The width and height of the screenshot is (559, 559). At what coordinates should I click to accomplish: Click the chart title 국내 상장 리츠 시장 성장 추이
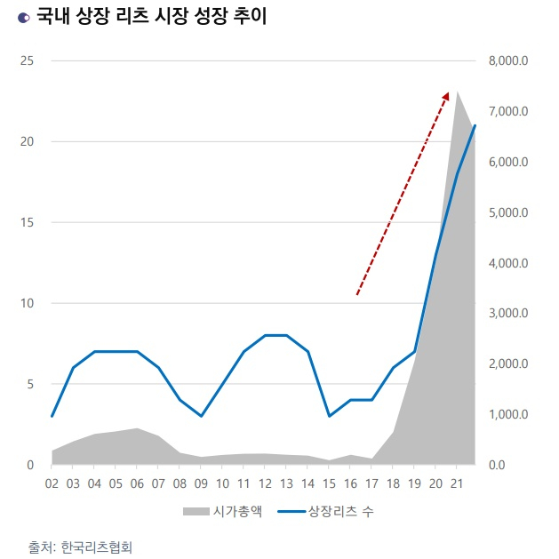coord(152,18)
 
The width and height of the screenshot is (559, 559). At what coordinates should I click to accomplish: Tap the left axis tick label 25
coord(27,60)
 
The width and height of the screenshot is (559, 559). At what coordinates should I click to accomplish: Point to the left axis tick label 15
coord(27,222)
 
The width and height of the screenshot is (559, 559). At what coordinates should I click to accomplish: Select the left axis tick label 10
coord(27,303)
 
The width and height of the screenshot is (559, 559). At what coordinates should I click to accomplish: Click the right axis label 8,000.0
coord(508,60)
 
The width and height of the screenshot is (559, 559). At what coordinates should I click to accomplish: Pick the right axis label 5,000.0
coord(508,212)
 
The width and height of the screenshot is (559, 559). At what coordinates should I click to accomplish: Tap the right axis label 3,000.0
coord(508,314)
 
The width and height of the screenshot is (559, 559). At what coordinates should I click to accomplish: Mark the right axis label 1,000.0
coord(508,415)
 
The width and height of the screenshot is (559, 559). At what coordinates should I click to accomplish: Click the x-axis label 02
coord(52,483)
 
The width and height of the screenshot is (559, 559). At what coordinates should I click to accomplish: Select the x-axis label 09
coord(201,483)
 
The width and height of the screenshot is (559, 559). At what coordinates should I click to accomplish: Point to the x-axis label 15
coord(330,483)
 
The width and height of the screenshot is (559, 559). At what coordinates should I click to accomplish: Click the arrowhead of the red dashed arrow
coord(446,93)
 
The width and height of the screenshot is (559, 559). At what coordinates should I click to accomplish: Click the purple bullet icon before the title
coord(23,19)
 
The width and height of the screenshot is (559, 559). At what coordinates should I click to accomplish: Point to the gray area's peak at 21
coord(458,91)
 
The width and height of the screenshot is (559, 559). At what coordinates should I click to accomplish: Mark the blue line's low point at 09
coord(201,416)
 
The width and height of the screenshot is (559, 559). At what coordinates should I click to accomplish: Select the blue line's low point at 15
coord(330,416)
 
